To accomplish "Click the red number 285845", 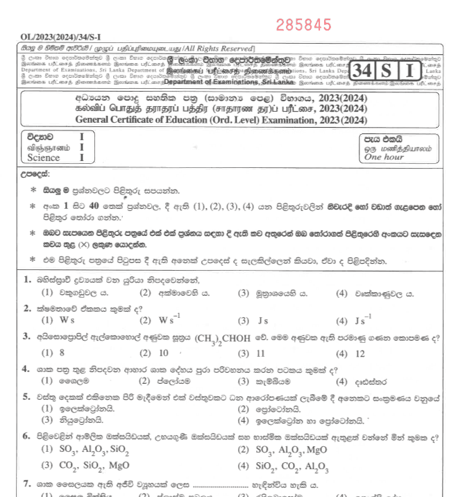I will (303, 26).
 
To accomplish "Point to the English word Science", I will (44, 158).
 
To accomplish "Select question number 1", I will (27, 280).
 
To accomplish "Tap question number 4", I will (27, 368).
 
